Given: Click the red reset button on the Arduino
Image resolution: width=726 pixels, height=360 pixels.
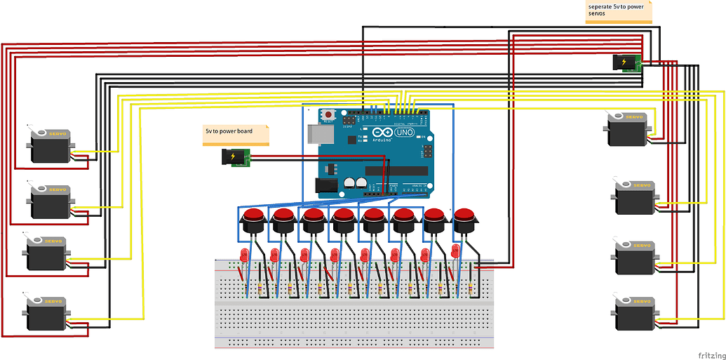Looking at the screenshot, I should (x=328, y=114).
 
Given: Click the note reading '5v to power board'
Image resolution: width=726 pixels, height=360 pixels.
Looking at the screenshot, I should (x=236, y=132).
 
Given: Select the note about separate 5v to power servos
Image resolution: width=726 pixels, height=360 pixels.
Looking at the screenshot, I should (x=619, y=12).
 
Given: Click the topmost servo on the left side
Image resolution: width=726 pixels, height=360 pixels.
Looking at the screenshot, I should (x=49, y=146).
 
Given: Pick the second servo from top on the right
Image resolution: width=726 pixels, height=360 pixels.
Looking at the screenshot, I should (x=634, y=198).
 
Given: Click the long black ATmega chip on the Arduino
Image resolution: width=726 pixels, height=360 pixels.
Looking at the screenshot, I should (x=396, y=171).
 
